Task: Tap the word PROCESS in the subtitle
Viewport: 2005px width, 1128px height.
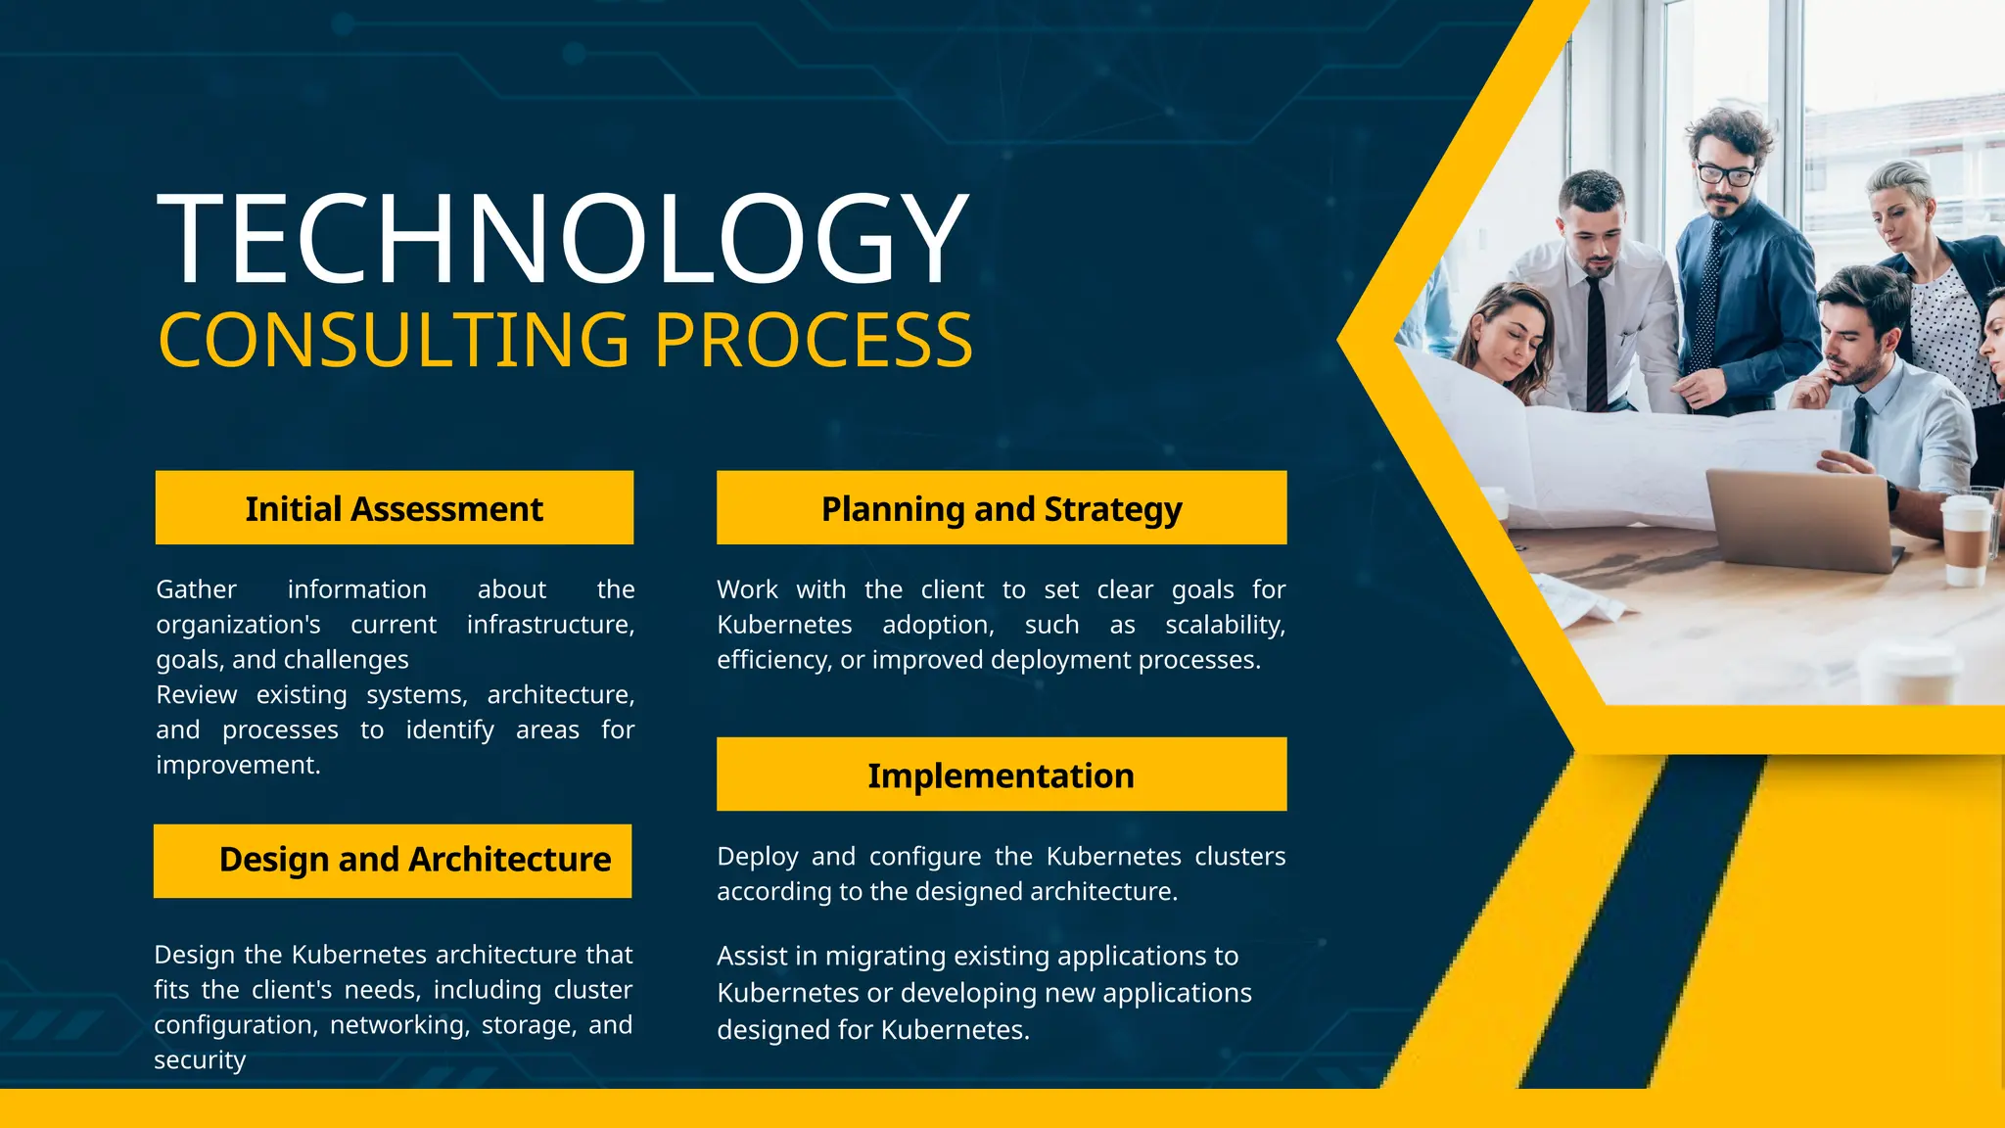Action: (813, 341)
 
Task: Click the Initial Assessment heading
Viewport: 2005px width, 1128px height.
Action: (394, 509)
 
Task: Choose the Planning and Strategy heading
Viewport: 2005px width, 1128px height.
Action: (1001, 509)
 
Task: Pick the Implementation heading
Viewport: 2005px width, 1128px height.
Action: (1001, 775)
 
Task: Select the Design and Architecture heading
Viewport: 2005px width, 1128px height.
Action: (414, 860)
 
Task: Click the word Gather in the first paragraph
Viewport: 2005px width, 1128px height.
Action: (196, 589)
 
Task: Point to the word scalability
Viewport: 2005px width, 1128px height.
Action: (1225, 625)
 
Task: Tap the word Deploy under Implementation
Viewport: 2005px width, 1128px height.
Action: (753, 857)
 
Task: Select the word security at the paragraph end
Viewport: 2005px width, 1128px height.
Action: (200, 1060)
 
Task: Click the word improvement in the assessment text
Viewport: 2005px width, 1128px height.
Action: (237, 765)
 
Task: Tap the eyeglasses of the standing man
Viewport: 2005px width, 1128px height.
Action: (1725, 175)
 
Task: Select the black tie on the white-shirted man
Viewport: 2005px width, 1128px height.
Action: (1597, 343)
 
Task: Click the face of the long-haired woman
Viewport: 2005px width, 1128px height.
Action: (1509, 339)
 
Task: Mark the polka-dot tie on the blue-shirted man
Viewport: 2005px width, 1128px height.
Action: (1709, 294)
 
